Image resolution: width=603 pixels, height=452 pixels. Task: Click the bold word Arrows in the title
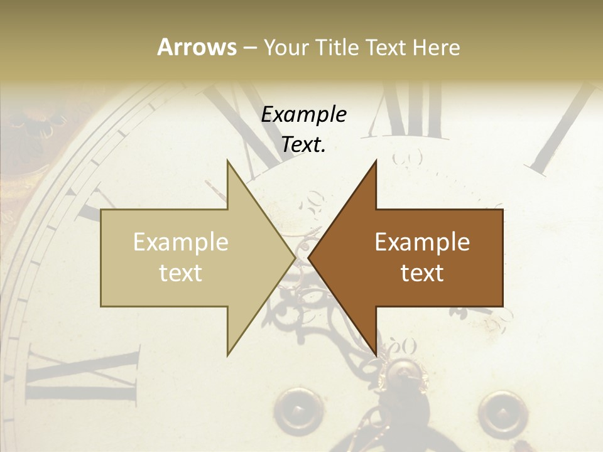pos(197,47)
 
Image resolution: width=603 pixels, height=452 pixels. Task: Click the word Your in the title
pos(286,48)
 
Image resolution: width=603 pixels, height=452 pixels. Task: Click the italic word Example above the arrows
pos(304,115)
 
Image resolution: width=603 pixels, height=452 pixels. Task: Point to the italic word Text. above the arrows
pos(304,145)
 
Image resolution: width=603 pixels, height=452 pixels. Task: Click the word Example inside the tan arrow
pos(181,242)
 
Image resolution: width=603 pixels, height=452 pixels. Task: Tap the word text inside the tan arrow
pos(181,272)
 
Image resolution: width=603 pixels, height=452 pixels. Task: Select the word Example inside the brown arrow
pos(422,242)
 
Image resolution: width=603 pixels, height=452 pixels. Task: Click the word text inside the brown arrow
pos(422,272)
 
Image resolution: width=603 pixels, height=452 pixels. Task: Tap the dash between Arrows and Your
pos(249,48)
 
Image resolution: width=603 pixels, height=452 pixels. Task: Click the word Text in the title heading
pos(386,48)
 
